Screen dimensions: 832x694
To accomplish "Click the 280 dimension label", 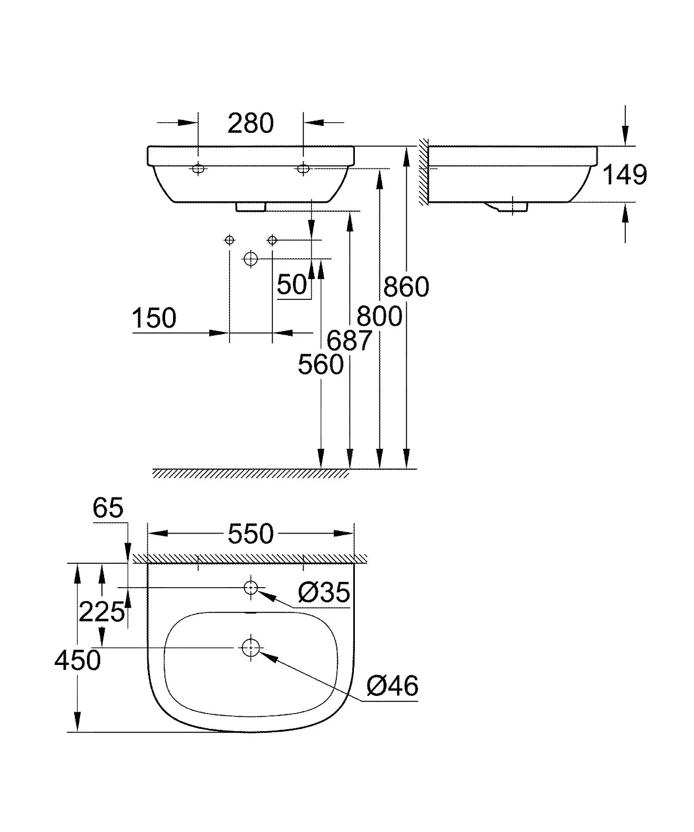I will coord(250,124).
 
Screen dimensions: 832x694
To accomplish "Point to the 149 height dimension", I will coord(625,175).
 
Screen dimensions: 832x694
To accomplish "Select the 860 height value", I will coord(406,287).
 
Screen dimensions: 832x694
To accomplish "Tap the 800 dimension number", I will coord(379,317).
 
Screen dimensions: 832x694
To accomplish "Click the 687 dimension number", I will coord(349,341).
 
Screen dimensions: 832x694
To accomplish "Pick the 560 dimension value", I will coord(320,364).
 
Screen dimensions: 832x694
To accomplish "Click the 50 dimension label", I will coord(292,285).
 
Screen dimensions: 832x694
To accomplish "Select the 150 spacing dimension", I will coord(154,318).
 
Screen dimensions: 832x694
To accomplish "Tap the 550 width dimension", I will coord(250,534).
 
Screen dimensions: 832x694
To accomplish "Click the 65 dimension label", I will coord(108,508).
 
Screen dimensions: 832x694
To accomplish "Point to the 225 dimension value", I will coord(101,613).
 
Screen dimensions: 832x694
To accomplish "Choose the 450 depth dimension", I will coord(77,660).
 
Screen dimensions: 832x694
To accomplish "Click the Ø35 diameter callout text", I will coord(324,592).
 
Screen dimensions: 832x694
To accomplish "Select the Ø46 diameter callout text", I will coord(392,686).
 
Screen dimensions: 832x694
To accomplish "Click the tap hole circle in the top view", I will coord(250,587).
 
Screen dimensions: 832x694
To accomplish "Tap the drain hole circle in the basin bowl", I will coord(250,647).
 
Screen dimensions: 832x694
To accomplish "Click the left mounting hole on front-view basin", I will coord(198,169).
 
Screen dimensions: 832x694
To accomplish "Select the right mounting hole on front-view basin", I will coord(303,169).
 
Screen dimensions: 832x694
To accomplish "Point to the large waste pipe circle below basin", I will coord(250,258).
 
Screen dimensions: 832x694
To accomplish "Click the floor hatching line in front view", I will coord(250,473).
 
